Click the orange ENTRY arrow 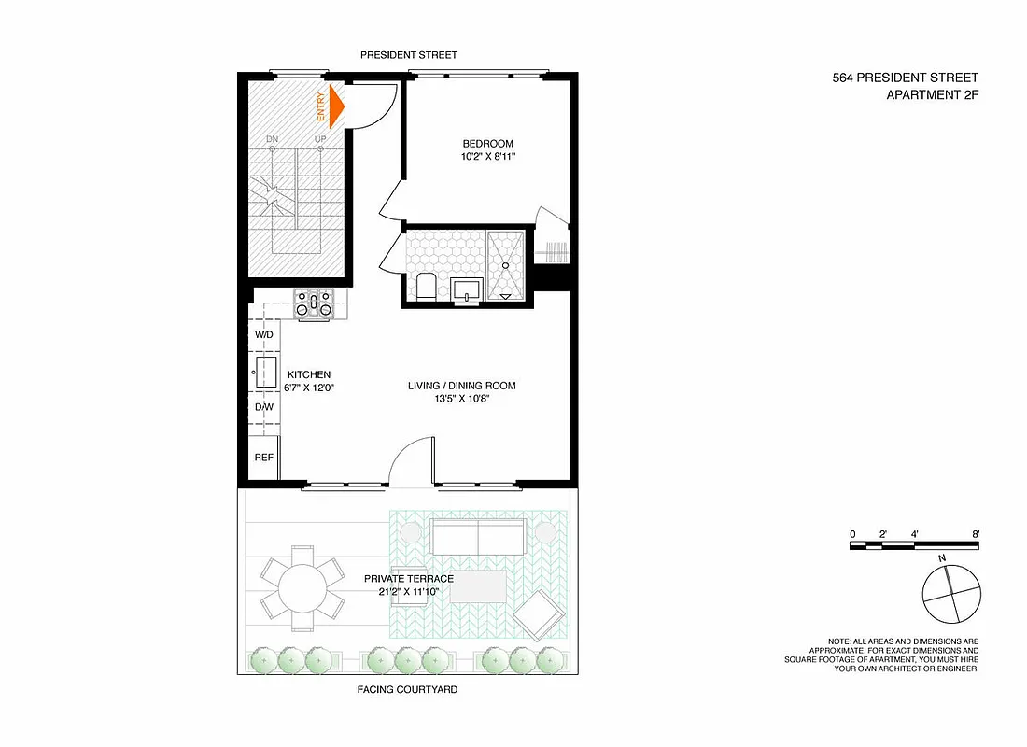coord(334,106)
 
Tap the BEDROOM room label coord(488,144)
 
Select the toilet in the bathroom coord(425,285)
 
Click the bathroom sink coord(465,289)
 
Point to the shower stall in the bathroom coord(508,264)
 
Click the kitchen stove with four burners coord(314,303)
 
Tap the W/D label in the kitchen coord(264,334)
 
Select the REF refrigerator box coord(264,458)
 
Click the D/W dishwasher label coord(264,407)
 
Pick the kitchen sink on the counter coord(264,371)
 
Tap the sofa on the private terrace coord(478,538)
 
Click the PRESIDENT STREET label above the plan coord(409,56)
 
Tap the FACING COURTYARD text coord(408,690)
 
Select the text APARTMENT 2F coord(932,94)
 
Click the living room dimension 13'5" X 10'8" coord(461,399)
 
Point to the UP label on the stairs coord(320,139)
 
